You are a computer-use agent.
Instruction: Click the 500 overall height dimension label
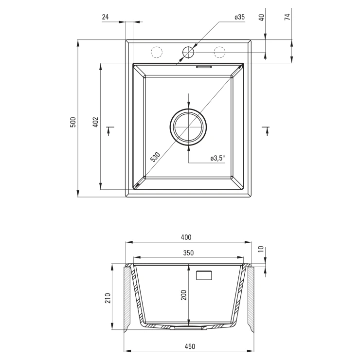tap(73, 122)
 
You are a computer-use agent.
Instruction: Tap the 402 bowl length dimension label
tap(95, 122)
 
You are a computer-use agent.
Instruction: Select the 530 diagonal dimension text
tap(155, 157)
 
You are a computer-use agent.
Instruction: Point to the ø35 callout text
tap(240, 17)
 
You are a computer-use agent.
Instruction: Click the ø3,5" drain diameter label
tap(217, 158)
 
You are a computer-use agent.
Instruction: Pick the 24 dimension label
tap(105, 17)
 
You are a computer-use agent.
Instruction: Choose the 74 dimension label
tap(288, 17)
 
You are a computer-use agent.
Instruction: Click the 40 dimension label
tap(262, 18)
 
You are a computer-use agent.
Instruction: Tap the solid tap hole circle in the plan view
tap(188, 52)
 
